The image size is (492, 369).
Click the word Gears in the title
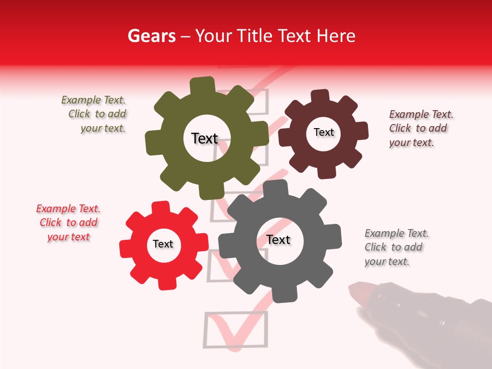click(x=151, y=36)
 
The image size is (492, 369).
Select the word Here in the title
click(x=336, y=36)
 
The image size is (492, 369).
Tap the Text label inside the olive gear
click(x=204, y=138)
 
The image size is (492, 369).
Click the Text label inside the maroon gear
click(x=323, y=132)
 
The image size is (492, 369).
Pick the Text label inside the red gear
click(x=163, y=244)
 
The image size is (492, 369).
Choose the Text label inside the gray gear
click(x=278, y=240)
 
